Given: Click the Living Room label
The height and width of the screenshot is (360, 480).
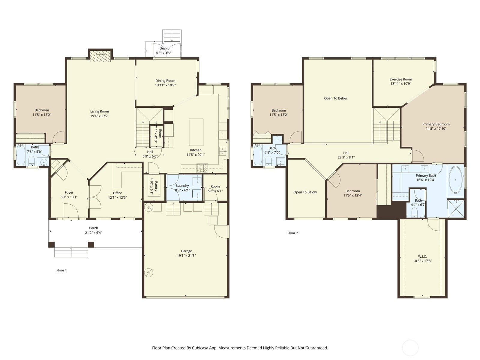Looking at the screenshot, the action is click(100, 111).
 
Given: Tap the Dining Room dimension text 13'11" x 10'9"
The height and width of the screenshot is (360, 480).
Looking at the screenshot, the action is click(165, 85).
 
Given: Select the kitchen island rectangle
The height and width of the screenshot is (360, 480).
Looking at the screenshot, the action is click(196, 132).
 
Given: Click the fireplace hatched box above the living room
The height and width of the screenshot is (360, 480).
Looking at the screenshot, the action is click(100, 56).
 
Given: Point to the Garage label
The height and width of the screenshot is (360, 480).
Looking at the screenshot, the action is click(186, 251).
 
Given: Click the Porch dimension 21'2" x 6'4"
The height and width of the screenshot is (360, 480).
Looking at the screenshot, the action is click(94, 232).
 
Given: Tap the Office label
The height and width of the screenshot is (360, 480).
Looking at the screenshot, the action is click(117, 193).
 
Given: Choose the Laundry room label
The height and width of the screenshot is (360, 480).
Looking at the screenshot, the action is click(182, 186).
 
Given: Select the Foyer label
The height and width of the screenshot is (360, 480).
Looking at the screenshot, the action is click(69, 192).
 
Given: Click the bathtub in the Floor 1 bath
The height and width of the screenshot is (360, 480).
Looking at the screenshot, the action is click(21, 155).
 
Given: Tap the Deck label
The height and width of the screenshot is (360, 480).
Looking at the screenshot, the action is click(163, 48).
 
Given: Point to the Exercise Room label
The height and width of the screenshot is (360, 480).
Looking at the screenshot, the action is click(400, 79).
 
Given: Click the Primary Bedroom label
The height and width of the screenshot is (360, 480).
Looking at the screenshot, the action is click(436, 124).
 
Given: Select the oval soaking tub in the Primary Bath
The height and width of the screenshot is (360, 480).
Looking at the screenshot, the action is click(455, 180).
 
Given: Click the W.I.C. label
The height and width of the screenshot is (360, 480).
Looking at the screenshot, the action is click(422, 256).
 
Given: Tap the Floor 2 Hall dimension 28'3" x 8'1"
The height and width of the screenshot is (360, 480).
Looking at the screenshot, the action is click(346, 157).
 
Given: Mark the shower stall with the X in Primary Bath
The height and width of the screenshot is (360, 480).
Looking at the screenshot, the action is click(456, 208).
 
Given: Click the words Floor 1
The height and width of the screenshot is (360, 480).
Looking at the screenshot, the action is click(62, 270).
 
